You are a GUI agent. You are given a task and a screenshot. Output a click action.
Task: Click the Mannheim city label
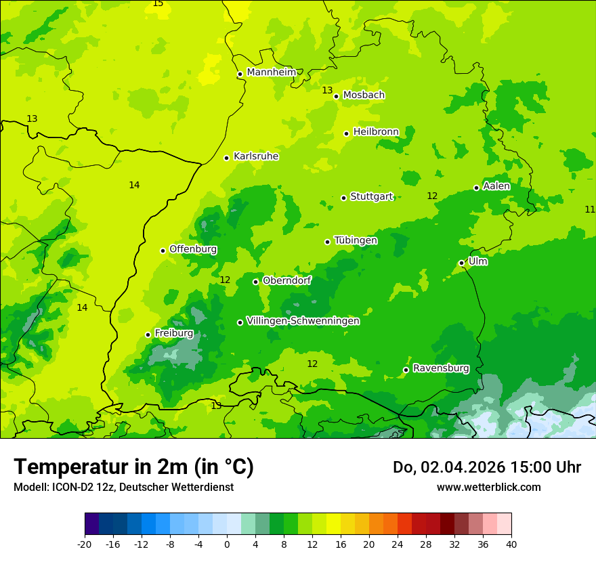[x=271, y=72]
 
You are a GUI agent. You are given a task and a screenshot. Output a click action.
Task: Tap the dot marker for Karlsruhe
[x=226, y=158]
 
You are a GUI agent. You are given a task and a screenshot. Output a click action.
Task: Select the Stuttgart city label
[x=371, y=197]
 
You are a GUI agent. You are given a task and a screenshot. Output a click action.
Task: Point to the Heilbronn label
[x=376, y=131]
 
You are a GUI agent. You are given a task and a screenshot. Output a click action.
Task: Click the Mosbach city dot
[x=336, y=96]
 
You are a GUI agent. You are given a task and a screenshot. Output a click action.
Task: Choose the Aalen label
[x=496, y=186]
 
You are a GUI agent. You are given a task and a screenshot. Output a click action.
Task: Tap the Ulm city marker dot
[x=461, y=263]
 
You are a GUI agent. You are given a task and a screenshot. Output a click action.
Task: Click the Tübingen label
[x=356, y=240]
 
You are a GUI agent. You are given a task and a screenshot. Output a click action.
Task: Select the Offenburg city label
[x=193, y=249]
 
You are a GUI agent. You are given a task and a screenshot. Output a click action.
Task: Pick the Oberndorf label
[x=286, y=280]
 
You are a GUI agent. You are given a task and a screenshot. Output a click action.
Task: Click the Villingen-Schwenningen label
[x=303, y=321]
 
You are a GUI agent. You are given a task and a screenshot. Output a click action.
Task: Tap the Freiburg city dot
[x=148, y=334]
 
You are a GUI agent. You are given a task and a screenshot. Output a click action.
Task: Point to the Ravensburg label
[x=441, y=368]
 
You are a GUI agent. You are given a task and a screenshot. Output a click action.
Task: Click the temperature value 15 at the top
[x=158, y=3]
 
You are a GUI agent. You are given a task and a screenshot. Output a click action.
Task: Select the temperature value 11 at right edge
[x=589, y=209]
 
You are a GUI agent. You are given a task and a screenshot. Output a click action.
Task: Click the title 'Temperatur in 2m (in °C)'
[x=133, y=467]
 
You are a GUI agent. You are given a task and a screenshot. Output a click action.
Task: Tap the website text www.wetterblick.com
[x=488, y=487]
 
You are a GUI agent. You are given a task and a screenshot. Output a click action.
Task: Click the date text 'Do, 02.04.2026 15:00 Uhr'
[x=487, y=467]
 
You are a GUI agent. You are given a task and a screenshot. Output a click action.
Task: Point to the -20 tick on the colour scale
[x=85, y=544]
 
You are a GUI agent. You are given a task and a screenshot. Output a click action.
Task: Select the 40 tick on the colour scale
[x=511, y=544]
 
